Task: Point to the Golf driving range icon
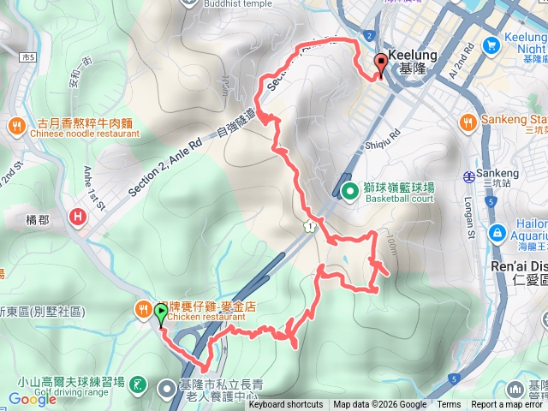pos(140,387)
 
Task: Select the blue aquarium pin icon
pos(497,233)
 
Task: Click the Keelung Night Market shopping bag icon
pos(491,44)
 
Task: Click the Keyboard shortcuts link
pos(286,405)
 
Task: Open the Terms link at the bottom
pos(449,405)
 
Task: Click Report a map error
pos(508,405)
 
